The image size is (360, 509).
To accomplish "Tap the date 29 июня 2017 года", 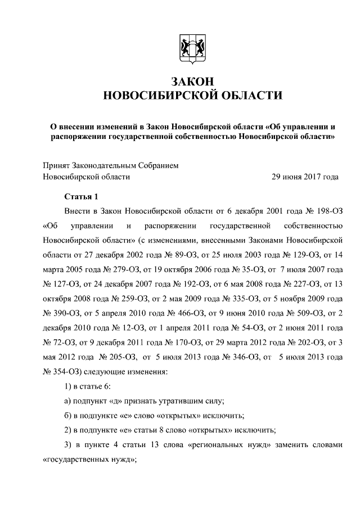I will pos(305,177).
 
